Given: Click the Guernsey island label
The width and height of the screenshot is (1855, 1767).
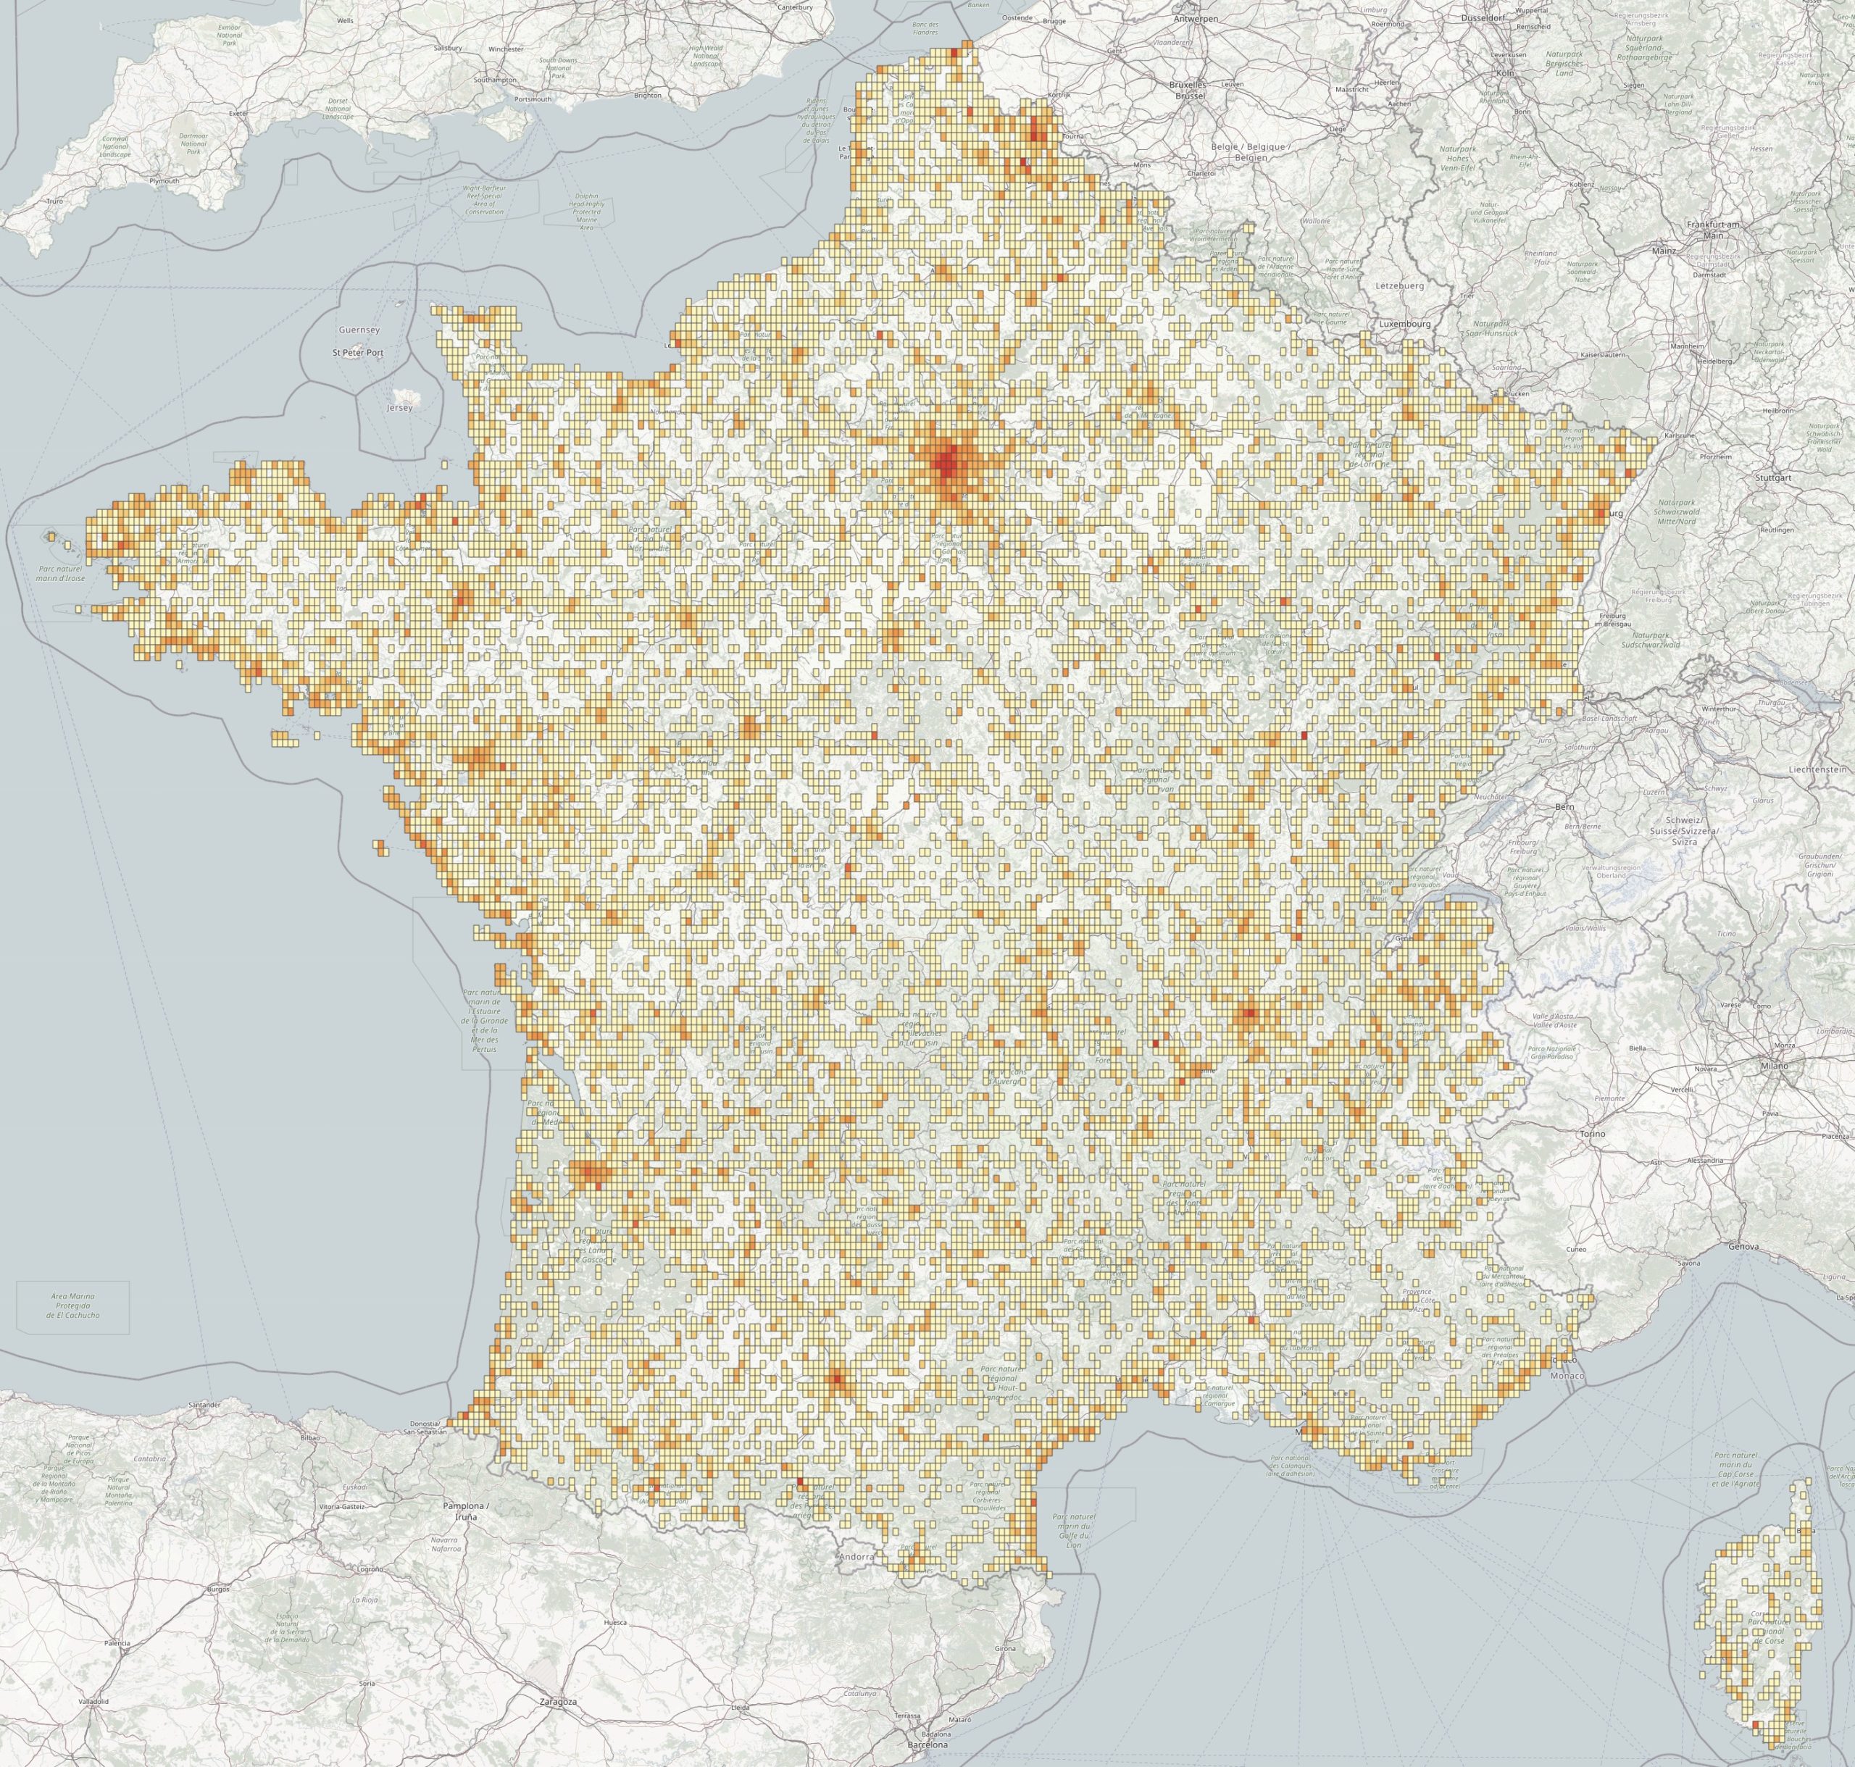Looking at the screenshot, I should pyautogui.click(x=358, y=330).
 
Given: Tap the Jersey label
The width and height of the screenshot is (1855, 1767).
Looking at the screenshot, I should pyautogui.click(x=399, y=409).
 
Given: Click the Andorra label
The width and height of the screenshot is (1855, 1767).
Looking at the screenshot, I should pyautogui.click(x=857, y=1557).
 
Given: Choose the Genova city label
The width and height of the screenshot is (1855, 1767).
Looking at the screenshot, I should pyautogui.click(x=1744, y=1247).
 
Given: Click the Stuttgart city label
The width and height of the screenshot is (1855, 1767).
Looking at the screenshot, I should pyautogui.click(x=1773, y=477).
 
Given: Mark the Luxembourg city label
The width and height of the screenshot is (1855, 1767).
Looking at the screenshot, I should pyautogui.click(x=1405, y=324).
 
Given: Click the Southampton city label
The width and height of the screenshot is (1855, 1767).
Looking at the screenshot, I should pyautogui.click(x=495, y=80).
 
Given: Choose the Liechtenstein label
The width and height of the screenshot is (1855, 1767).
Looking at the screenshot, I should pyautogui.click(x=1817, y=769).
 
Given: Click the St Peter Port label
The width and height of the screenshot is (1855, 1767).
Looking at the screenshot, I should pyautogui.click(x=358, y=352).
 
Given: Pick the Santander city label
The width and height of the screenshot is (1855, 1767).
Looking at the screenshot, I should pyautogui.click(x=204, y=1404).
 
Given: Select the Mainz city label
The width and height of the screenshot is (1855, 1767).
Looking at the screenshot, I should pyautogui.click(x=1664, y=251).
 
